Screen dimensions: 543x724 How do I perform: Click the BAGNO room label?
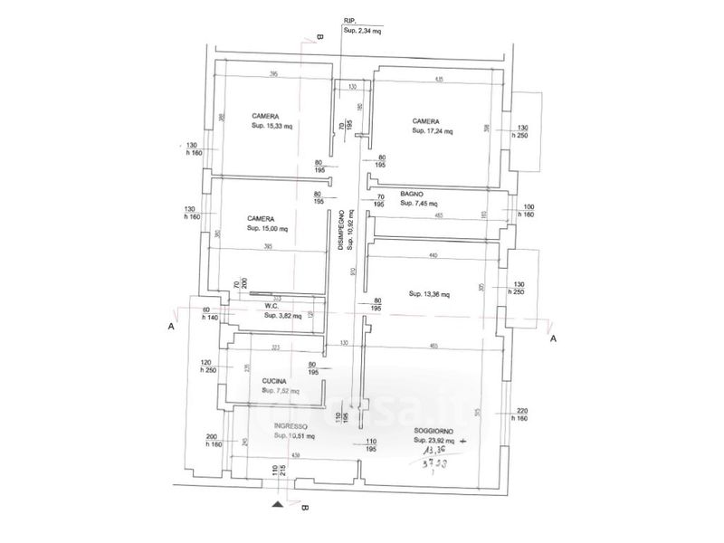(412, 194)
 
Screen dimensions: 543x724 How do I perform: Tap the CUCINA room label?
(274, 381)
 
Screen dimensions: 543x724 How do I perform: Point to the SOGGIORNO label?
(433, 430)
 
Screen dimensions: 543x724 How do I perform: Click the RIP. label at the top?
(349, 19)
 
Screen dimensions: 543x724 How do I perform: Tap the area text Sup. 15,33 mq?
(272, 127)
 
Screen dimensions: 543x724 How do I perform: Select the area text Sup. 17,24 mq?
(432, 131)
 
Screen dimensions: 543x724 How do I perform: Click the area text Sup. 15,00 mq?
(268, 229)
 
